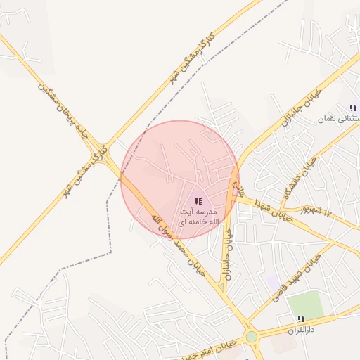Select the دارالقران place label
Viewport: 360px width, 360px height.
coord(303,330)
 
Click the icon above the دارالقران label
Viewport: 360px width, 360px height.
coord(302,319)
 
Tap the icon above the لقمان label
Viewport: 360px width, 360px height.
coord(354,108)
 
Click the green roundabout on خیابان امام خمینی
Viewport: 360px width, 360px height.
coord(251,337)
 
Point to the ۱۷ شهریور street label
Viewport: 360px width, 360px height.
coord(312,210)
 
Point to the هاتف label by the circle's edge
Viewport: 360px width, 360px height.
coord(237,188)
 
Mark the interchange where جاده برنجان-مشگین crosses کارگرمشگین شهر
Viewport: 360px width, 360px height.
coord(101,143)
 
